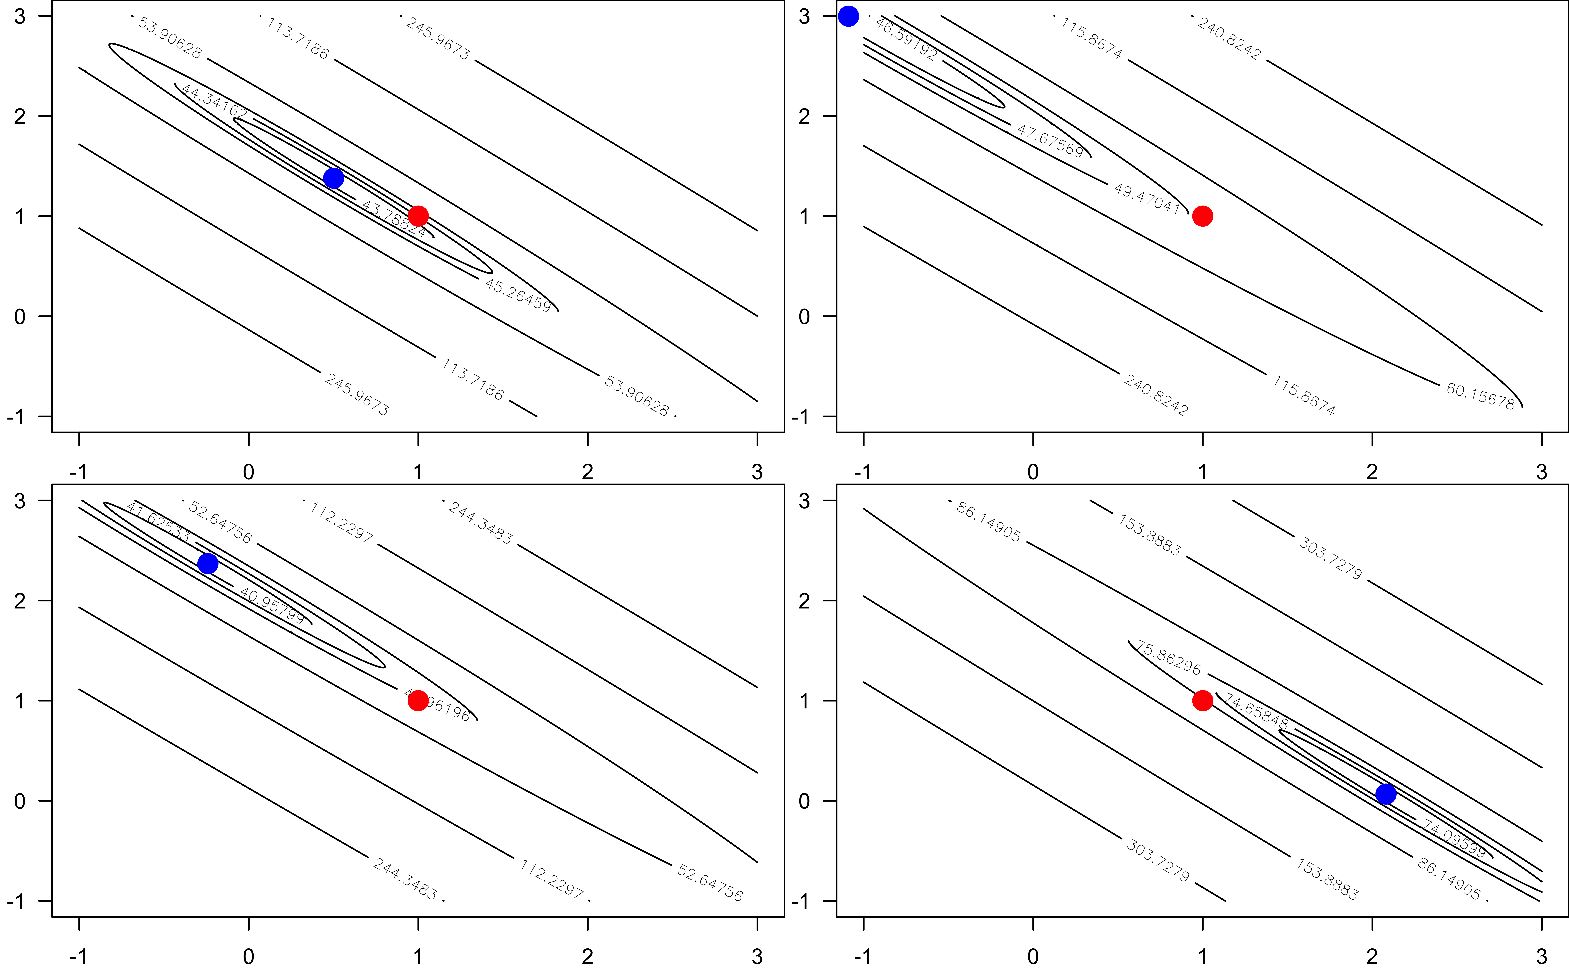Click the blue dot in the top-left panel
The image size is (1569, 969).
pos(333,178)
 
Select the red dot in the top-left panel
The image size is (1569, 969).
pos(418,216)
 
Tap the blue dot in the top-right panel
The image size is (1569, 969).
pos(848,16)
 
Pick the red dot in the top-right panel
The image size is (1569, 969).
pos(1202,216)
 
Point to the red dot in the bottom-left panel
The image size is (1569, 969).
pos(418,700)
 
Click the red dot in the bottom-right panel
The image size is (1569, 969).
pos(1202,700)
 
